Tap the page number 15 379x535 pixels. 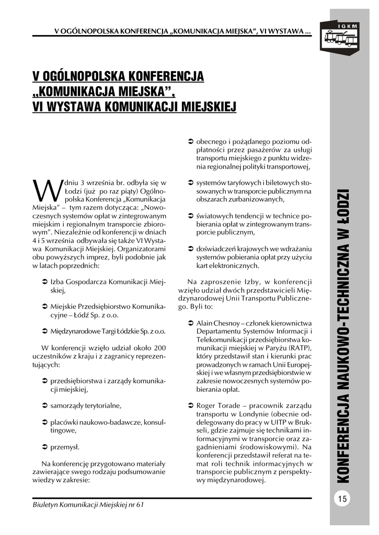point(342,498)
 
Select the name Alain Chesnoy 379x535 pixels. point(217,324)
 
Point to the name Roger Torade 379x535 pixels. point(215,405)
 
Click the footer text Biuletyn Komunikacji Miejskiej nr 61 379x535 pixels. point(87,505)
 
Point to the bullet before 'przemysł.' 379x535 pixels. point(44,447)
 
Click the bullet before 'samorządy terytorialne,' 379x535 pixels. point(44,405)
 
